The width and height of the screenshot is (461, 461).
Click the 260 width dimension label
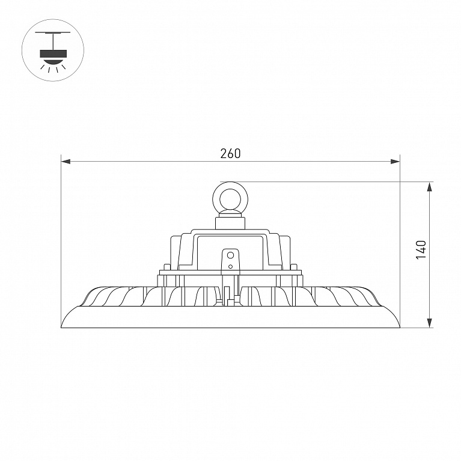coord(231,153)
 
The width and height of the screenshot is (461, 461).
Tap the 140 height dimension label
coord(421,250)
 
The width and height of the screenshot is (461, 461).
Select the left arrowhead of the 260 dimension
coord(66,162)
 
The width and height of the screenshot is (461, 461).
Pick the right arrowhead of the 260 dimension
coord(395,162)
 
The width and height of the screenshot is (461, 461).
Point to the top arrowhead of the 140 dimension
coord(430,187)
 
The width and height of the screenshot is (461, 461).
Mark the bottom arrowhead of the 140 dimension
coord(430,323)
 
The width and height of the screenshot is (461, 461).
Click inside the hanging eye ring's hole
coord(230,200)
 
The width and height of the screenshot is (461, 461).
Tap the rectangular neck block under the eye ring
coord(230,223)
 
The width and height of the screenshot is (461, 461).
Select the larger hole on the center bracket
coord(231,255)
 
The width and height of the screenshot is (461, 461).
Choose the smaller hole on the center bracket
coord(231,267)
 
